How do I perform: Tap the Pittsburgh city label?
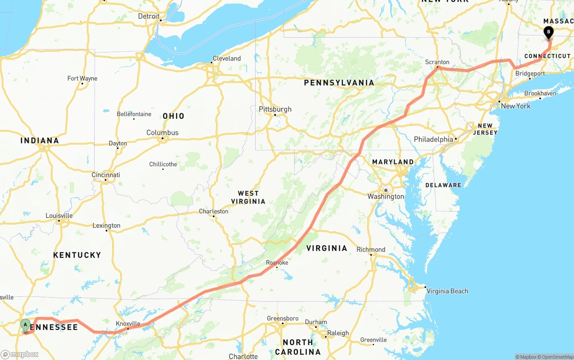275,109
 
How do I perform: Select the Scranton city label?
437,62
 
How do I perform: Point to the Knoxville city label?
128,323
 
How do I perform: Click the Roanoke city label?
277,262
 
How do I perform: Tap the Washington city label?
386,196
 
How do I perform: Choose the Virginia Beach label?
447,291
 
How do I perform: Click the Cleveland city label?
226,58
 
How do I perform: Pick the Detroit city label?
148,16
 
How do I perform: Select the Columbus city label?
162,133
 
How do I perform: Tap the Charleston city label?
213,211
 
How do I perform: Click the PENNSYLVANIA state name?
339,82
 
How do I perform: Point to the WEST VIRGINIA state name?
248,197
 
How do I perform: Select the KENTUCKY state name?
77,255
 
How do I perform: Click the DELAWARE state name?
443,185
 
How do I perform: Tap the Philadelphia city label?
433,139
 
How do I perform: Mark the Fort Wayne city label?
82,78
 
